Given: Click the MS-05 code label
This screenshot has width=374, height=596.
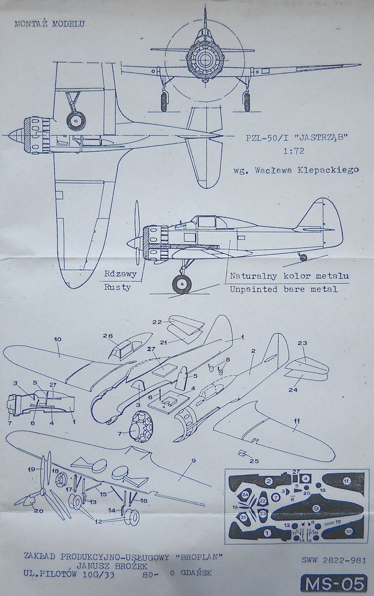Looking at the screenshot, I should pos(333,583).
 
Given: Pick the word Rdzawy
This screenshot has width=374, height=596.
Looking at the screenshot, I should pos(120,274).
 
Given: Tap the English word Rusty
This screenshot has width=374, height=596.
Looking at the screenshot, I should pos(117,287).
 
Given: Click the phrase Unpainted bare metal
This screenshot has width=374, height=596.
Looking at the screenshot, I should pos(283,289).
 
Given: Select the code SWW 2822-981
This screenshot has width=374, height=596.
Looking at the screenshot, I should pos(334,560).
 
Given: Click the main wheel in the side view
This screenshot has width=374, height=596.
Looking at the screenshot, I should pos(181,284).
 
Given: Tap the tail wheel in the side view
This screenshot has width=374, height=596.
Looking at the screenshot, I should pos(303,257).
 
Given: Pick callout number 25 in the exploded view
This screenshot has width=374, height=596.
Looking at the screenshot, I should pos(254,461).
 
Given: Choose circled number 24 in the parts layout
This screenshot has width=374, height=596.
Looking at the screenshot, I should pos(245,495).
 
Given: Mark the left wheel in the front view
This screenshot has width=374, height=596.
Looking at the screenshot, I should pos(164,101).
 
